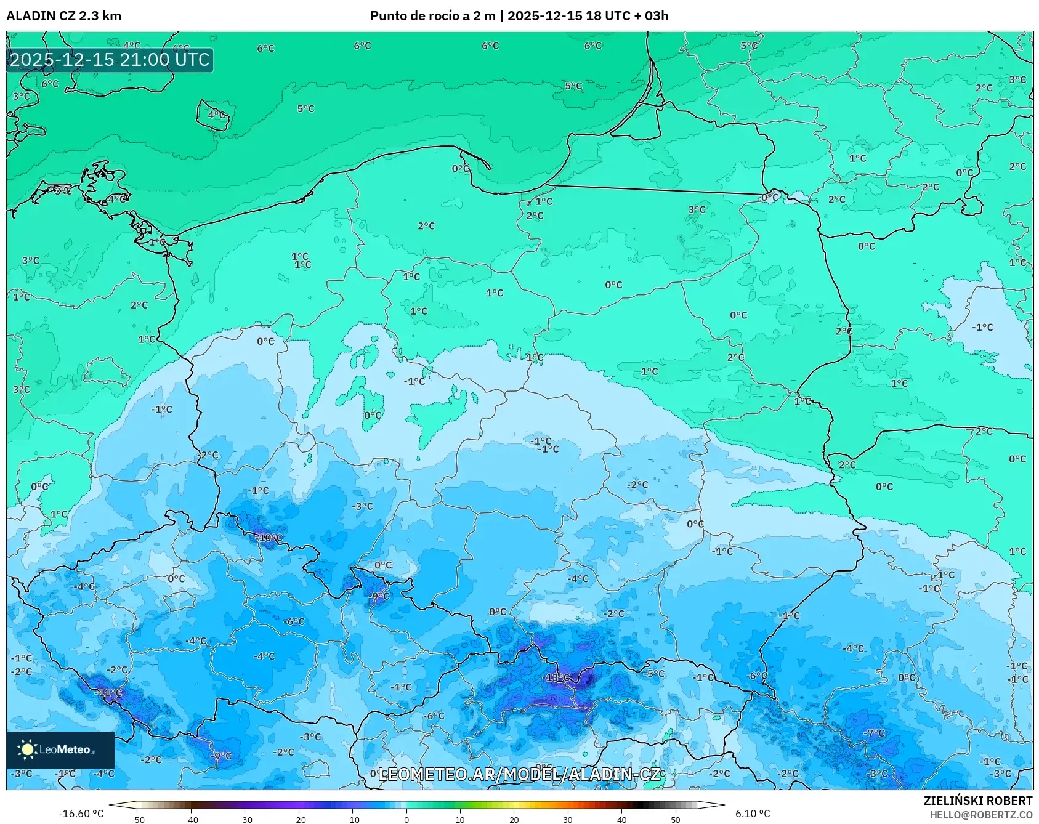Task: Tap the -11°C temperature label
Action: pos(110,693)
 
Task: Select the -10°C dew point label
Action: pos(269,538)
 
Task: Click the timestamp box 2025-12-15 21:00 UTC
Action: pos(110,60)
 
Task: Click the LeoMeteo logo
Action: pos(60,749)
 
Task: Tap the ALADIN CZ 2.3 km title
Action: pos(63,16)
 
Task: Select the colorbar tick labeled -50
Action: pos(137,819)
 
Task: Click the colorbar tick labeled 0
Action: pos(406,819)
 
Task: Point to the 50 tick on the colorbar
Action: pos(675,819)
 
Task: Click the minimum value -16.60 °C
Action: pos(81,814)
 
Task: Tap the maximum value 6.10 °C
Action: pos(752,814)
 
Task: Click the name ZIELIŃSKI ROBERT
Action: pos(977,801)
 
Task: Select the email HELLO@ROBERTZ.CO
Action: pos(980,815)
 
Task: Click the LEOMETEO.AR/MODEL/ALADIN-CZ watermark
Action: pos(519,774)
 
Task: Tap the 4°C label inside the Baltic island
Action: pos(216,115)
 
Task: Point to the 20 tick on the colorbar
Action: pos(514,819)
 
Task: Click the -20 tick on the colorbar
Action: pos(298,819)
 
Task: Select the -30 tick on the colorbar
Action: pos(245,819)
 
